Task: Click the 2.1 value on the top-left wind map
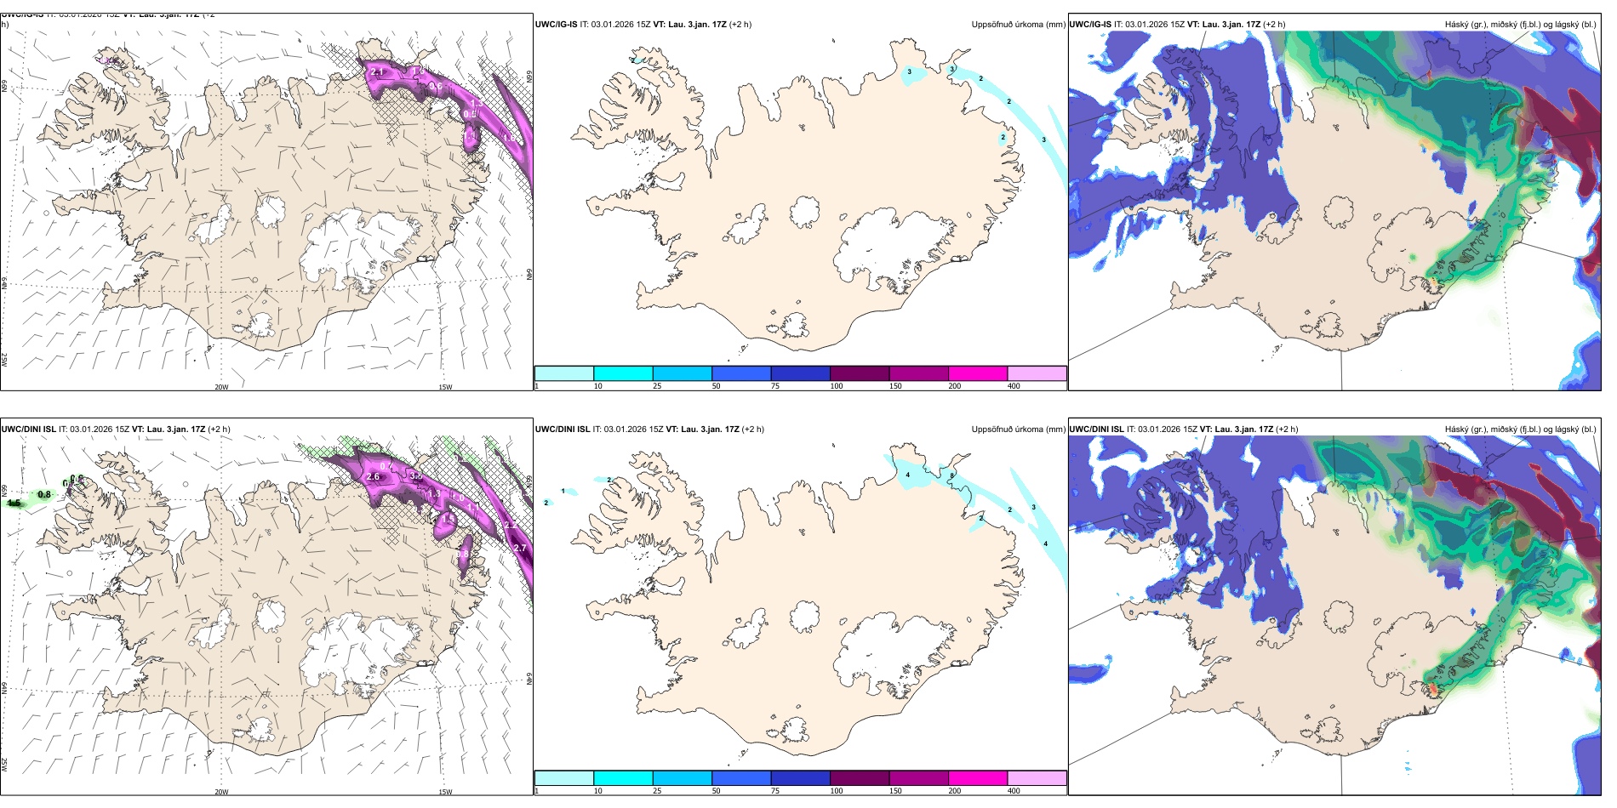[378, 72]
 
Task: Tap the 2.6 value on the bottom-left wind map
[373, 477]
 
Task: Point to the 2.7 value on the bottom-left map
[519, 549]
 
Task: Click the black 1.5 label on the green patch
[14, 504]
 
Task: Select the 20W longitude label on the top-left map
[221, 387]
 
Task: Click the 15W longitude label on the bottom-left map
[445, 792]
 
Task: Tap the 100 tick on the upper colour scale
[837, 386]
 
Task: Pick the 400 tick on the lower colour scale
[1014, 791]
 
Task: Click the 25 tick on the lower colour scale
[657, 791]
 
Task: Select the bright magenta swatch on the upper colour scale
[978, 373]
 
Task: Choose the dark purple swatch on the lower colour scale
[860, 778]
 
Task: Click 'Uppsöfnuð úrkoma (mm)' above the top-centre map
[1018, 25]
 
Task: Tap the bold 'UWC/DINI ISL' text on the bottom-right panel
[1097, 430]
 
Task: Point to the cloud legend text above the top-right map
[1520, 25]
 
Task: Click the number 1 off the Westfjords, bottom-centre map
[563, 491]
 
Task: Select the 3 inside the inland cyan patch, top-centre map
[909, 72]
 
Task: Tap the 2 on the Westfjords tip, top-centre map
[633, 60]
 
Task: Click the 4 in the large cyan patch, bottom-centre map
[908, 475]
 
